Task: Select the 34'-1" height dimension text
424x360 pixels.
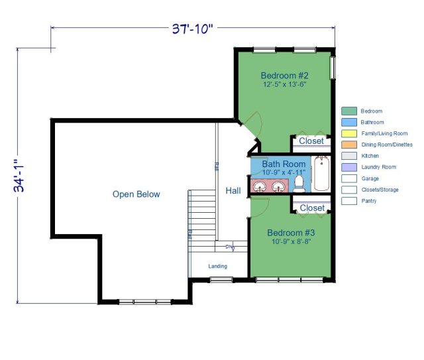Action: [x=20, y=179]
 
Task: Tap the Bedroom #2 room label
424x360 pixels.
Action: [x=285, y=75]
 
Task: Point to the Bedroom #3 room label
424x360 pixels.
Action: [x=290, y=233]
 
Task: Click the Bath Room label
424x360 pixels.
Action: [x=284, y=164]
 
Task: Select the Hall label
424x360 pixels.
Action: [x=233, y=191]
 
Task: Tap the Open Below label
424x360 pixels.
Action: [x=136, y=194]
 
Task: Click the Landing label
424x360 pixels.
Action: [x=218, y=267]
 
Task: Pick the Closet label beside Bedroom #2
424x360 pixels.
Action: [x=311, y=141]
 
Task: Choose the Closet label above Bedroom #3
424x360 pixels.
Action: [x=311, y=208]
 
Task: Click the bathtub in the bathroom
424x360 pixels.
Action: [x=321, y=174]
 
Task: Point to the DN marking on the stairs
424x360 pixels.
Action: [x=230, y=247]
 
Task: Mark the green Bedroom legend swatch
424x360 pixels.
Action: [x=349, y=111]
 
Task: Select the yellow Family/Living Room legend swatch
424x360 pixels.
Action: [x=349, y=134]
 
